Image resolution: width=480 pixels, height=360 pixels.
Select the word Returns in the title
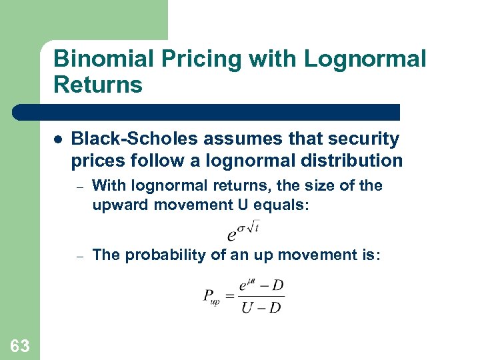[98, 85]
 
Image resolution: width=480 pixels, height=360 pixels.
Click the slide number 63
[20, 345]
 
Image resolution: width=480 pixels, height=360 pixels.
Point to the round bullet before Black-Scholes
[58, 140]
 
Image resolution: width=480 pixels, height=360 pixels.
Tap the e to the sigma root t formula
[244, 230]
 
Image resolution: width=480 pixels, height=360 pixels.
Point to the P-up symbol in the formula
[211, 296]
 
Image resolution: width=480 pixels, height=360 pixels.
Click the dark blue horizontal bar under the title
[207, 112]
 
